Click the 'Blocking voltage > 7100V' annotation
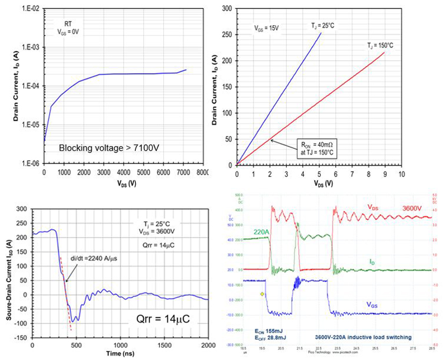coord(112,148)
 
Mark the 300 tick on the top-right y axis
coord(227,8)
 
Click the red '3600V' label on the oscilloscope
coord(415,208)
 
